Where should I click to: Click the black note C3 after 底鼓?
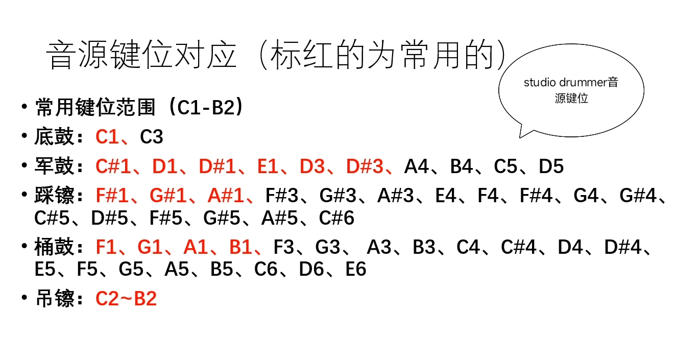(x=152, y=137)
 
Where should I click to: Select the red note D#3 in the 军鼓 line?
(x=365, y=166)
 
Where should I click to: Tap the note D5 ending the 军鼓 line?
(x=551, y=166)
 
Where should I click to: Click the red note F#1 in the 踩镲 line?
(x=114, y=196)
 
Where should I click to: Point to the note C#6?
(x=336, y=218)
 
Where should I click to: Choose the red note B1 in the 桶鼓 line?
(x=241, y=248)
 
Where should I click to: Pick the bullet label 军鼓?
(x=55, y=166)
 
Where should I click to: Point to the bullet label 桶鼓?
(x=55, y=248)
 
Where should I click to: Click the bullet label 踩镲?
(x=55, y=196)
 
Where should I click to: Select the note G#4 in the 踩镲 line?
(x=638, y=196)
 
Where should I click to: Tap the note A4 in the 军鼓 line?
(x=417, y=166)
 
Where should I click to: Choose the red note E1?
(x=269, y=166)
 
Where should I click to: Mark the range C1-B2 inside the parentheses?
(x=202, y=108)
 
